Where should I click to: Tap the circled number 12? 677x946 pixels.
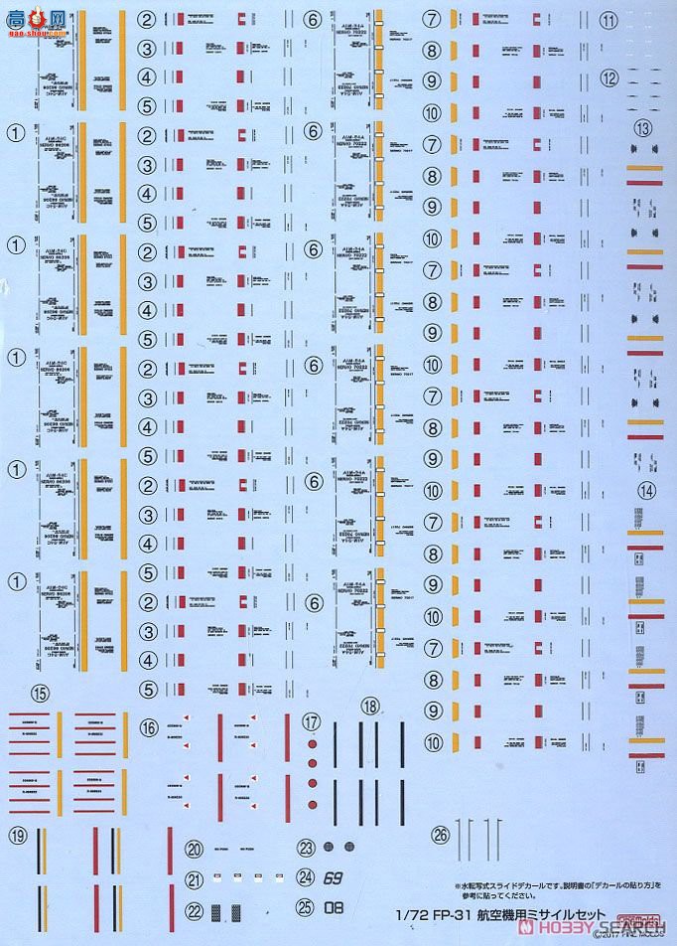click(637, 78)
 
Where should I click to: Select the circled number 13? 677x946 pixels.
click(643, 127)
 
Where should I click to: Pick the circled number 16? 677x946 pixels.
click(150, 727)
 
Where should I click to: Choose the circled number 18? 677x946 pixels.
click(370, 707)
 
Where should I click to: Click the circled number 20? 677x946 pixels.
click(195, 848)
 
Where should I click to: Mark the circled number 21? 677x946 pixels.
click(195, 878)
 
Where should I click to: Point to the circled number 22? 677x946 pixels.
click(195, 910)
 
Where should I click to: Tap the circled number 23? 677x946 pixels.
click(308, 847)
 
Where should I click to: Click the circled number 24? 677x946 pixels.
click(308, 876)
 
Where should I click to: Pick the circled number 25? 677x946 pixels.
click(308, 906)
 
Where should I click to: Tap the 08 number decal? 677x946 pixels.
click(334, 906)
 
